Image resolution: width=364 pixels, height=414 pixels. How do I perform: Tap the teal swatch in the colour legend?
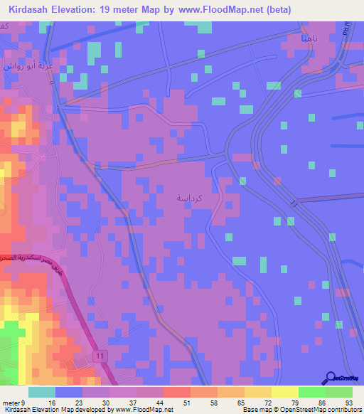pyautogui.click(x=42, y=392)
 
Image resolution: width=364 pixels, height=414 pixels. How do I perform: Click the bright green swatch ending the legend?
pyautogui.click(x=339, y=392)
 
